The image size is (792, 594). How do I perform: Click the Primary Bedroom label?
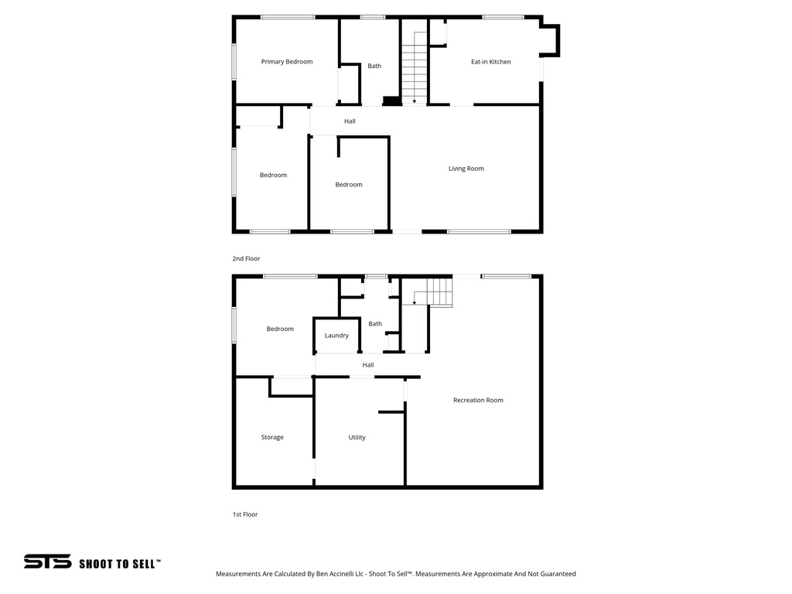tap(287, 62)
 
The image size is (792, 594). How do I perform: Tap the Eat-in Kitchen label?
tap(491, 62)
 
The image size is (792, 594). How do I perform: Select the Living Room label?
tap(466, 169)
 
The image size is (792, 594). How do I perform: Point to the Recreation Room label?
tap(478, 401)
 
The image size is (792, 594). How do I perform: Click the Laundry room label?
tap(336, 336)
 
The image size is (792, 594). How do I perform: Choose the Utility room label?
tap(357, 438)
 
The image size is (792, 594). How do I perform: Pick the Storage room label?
tap(272, 438)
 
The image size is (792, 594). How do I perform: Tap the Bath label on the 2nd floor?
tap(374, 67)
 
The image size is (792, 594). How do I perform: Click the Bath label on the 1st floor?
tap(375, 324)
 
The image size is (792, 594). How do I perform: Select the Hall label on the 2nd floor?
tap(350, 121)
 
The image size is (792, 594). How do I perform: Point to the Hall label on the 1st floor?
tap(368, 365)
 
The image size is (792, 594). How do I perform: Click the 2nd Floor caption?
tap(247, 259)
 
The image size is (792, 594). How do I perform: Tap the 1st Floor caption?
tap(245, 514)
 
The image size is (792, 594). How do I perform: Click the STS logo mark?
tap(47, 562)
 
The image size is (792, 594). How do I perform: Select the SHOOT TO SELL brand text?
tap(120, 564)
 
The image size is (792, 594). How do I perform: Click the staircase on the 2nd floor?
tap(415, 67)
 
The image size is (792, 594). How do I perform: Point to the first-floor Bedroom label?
tap(280, 329)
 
